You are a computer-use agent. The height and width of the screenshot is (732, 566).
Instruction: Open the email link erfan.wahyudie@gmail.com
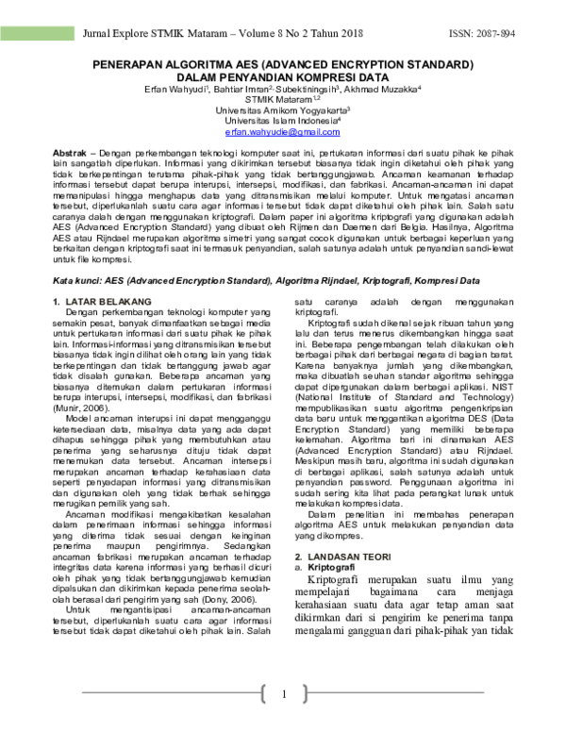[x=283, y=135]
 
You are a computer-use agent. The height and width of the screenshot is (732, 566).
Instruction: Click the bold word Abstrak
[x=72, y=153]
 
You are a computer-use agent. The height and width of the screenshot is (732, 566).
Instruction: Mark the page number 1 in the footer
[x=283, y=696]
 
